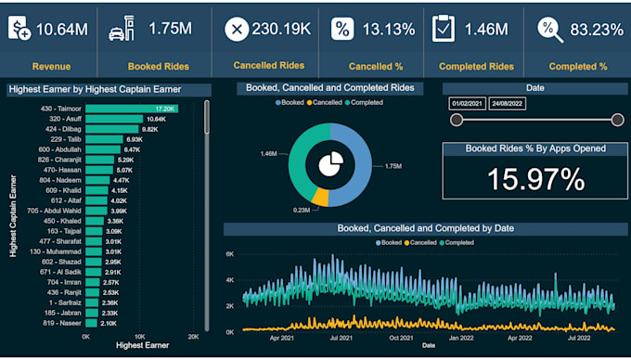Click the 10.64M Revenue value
[x=62, y=29]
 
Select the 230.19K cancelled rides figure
[x=280, y=29]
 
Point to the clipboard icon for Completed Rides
[x=444, y=28]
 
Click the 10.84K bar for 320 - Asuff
[x=113, y=119]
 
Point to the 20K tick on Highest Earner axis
[x=193, y=335]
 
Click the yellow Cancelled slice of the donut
[x=320, y=197]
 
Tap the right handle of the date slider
[x=617, y=119]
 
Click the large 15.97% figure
[x=536, y=179]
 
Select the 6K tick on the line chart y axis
[x=231, y=253]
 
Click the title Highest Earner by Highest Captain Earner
[x=94, y=90]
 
